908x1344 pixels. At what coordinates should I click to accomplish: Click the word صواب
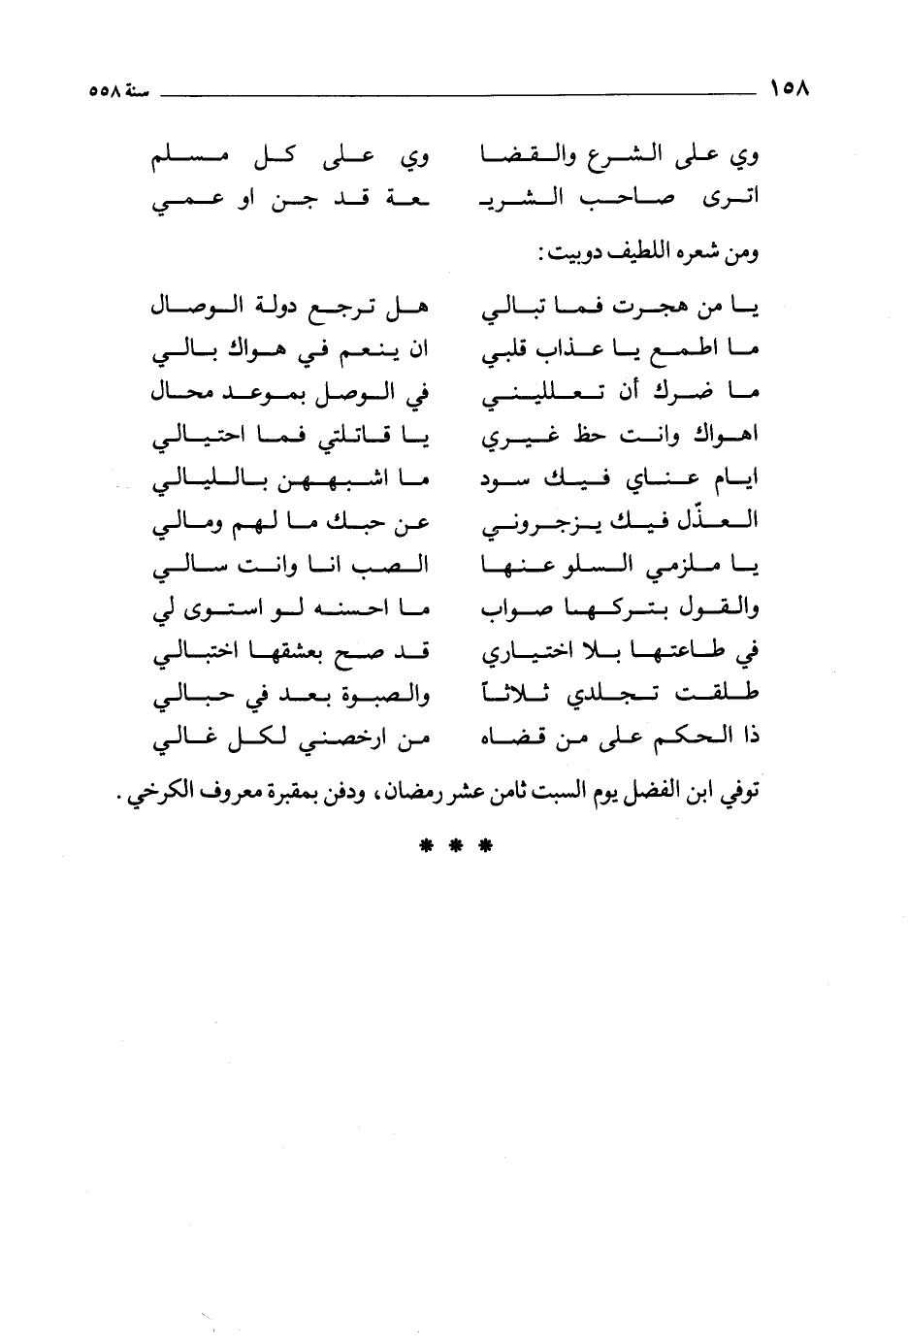tap(510, 609)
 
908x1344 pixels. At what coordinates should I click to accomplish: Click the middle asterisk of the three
tap(455, 845)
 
